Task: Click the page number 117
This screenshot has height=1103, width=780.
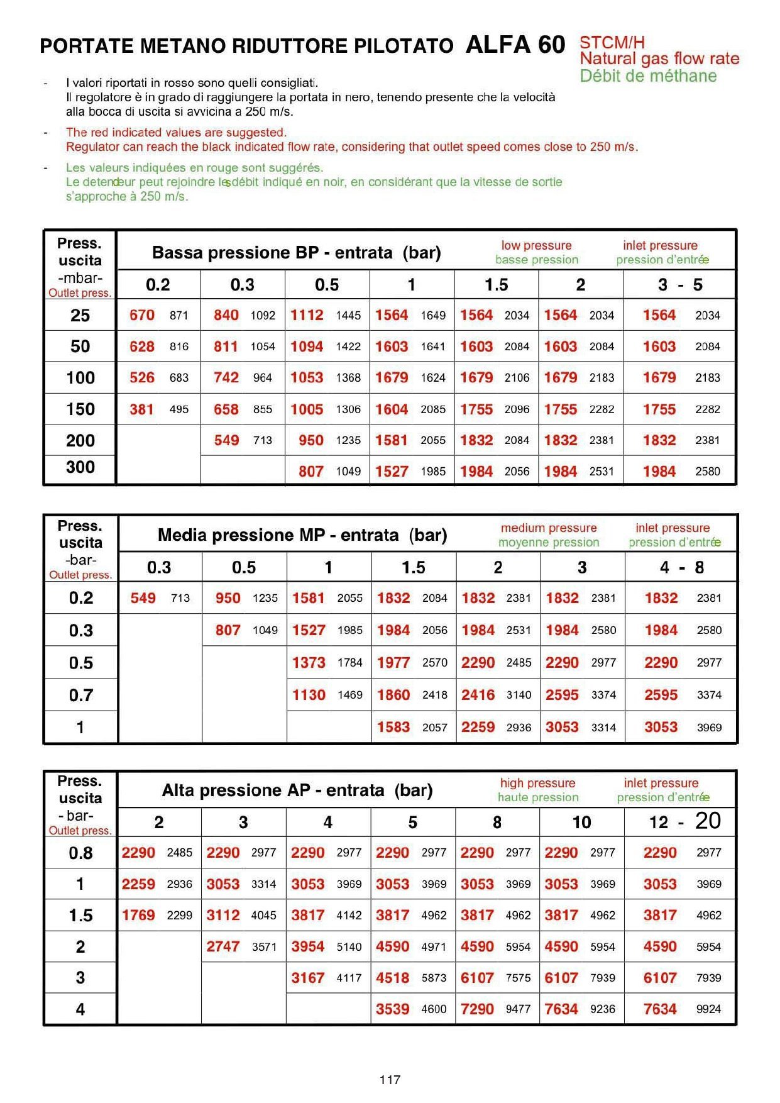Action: pos(390,1080)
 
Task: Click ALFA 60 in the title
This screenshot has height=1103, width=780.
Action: pos(515,45)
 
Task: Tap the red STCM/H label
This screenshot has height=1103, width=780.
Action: pos(612,43)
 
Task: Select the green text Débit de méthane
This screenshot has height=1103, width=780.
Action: pos(648,76)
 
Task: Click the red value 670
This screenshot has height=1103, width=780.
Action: pos(142,315)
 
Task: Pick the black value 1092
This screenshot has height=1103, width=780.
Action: pos(263,316)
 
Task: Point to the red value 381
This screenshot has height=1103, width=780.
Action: pos(142,409)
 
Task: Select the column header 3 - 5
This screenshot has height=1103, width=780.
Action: pos(680,285)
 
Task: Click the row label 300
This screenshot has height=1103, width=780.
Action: pos(80,467)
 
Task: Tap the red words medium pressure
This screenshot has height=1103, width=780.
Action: pos(549,528)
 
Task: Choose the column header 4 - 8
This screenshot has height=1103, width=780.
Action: pos(682,567)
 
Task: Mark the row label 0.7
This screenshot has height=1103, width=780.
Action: pos(81,695)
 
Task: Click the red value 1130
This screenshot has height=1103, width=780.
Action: pos(309,695)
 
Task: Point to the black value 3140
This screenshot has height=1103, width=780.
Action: pos(519,695)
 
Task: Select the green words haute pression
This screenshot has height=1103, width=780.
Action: pos(538,797)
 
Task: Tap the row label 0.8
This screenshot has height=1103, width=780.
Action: pos(80,853)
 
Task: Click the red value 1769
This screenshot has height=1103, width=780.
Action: pos(138,915)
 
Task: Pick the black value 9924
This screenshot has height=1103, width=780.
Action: pos(708,1009)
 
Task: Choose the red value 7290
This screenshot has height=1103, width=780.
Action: pos(477,1009)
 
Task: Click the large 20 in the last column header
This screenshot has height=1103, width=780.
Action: pos(708,821)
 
